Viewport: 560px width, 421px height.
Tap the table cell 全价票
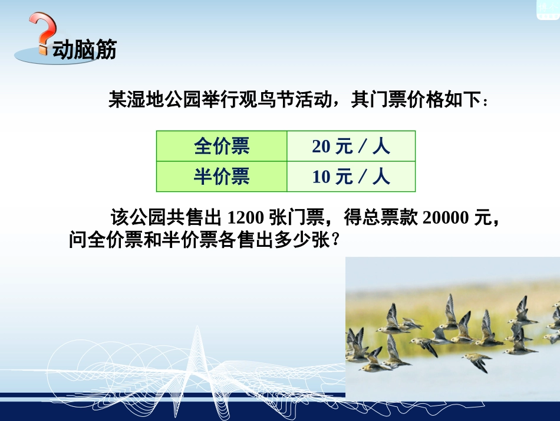pyautogui.click(x=222, y=146)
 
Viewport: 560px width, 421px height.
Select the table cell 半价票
pyautogui.click(x=222, y=177)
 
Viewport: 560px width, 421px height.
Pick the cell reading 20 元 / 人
pyautogui.click(x=351, y=146)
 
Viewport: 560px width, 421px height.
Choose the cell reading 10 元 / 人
pyautogui.click(x=351, y=177)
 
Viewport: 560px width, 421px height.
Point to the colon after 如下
pyautogui.click(x=485, y=102)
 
